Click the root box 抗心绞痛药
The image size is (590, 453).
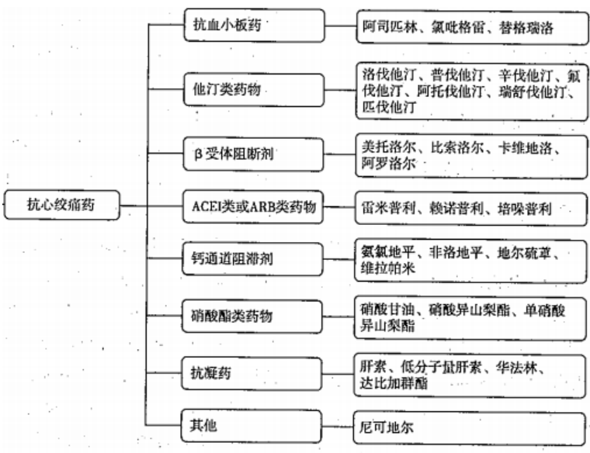coord(63,206)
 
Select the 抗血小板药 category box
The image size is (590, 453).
coord(254,26)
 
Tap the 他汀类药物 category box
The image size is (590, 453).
coord(254,89)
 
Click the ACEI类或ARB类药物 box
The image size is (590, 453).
coord(254,208)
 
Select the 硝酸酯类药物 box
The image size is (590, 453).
coord(254,316)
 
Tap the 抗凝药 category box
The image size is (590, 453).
coord(254,373)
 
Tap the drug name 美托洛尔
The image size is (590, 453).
coord(388,146)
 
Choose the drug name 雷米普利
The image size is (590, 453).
coord(387,208)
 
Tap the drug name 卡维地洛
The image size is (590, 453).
coord(528,146)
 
